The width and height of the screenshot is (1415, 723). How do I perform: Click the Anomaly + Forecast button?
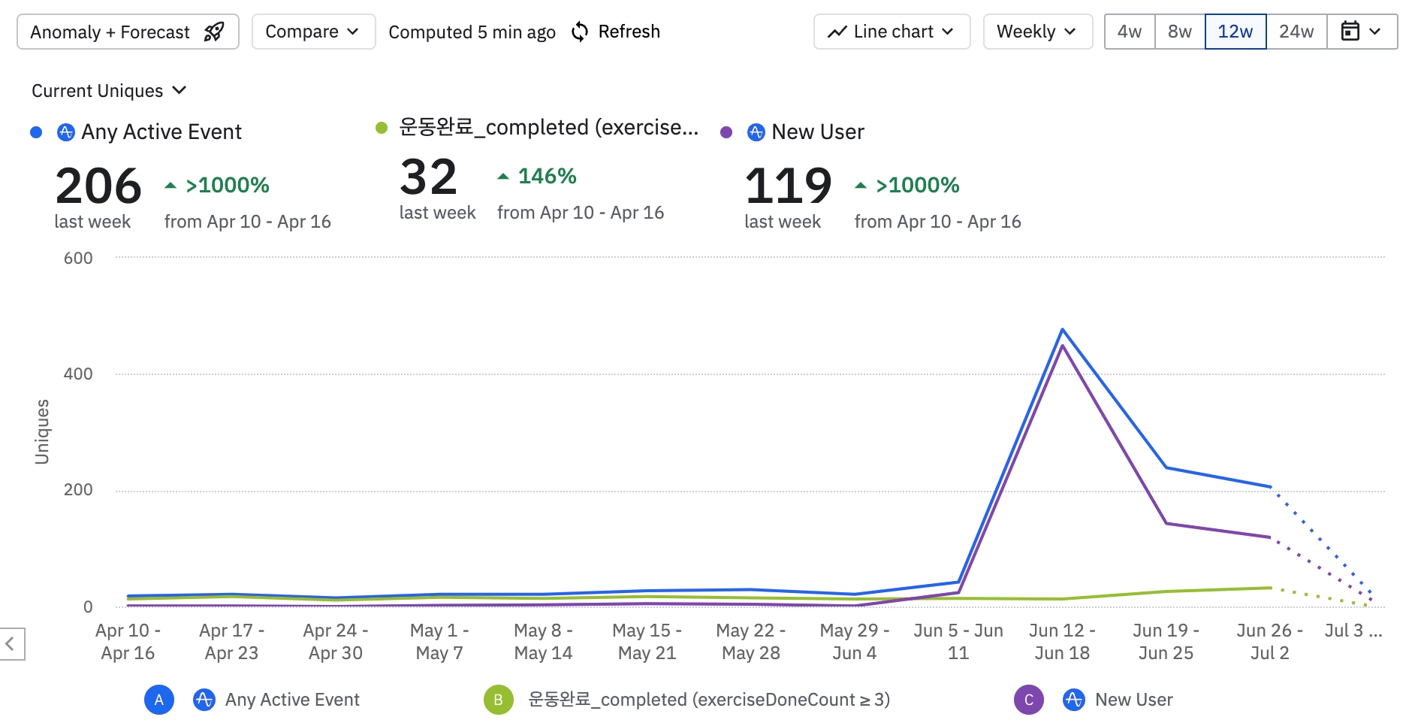coord(128,32)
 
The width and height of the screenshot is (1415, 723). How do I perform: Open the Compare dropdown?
coord(313,32)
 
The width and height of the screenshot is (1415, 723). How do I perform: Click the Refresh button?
coord(616,32)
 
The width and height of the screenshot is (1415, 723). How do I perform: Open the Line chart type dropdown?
coord(892,32)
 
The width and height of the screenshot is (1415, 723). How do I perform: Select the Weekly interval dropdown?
coord(1037,32)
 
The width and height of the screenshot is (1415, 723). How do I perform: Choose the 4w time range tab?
coord(1129,32)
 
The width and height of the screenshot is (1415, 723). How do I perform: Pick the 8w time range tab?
coord(1179,32)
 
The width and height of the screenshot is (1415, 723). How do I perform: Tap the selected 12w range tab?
coord(1235,32)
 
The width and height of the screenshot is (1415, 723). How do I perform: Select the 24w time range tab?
coord(1296,32)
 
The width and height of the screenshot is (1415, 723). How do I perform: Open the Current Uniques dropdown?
coord(109,91)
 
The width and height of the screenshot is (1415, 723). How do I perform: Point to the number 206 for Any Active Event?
coord(98,186)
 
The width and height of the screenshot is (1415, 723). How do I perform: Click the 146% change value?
coord(547,177)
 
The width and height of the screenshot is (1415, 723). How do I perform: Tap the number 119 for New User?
coord(788,186)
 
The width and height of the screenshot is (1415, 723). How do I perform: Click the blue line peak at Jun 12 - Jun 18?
coord(1062,329)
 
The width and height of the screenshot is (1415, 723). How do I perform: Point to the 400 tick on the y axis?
coord(78,374)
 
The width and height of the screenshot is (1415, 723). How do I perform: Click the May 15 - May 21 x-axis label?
coord(647,641)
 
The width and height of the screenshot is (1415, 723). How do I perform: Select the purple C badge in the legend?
coord(1028,700)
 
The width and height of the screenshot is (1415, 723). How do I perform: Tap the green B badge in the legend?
coord(498,700)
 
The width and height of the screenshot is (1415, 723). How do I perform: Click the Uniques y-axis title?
coord(42,431)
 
